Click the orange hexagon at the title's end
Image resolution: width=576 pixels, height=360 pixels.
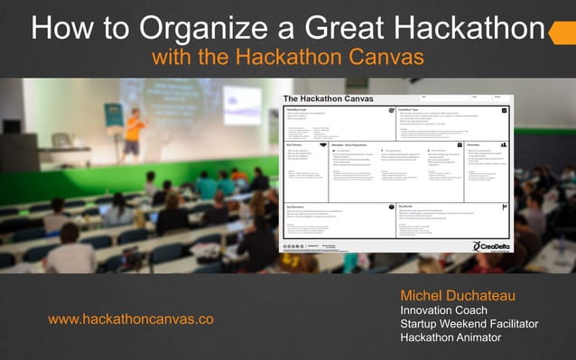tap(562, 33)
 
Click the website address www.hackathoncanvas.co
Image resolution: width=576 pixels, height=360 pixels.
tap(131, 319)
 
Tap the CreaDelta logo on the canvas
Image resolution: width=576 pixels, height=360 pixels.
tap(488, 245)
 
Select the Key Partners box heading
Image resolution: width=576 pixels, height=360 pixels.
tap(295, 144)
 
